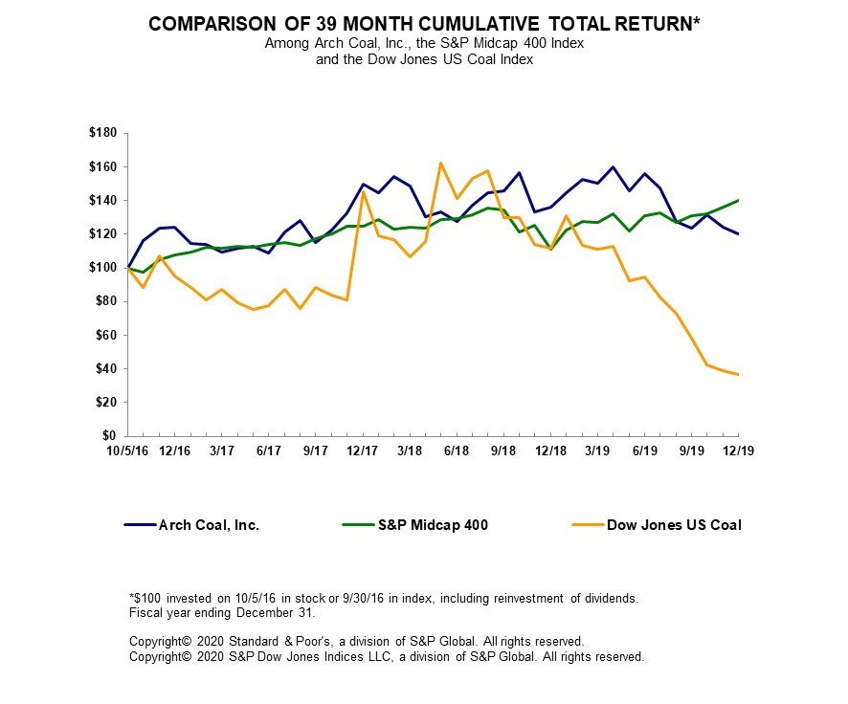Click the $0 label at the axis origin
click(x=114, y=436)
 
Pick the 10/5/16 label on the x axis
click(x=128, y=451)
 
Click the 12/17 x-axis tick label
click(x=362, y=451)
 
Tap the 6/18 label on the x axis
click(x=456, y=451)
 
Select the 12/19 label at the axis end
click(x=737, y=451)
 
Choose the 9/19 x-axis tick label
click(x=690, y=451)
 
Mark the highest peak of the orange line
click(x=440, y=163)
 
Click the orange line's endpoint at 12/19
click(x=737, y=374)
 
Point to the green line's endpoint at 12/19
click(x=737, y=200)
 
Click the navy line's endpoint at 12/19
click(x=737, y=234)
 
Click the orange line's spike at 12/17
click(x=362, y=191)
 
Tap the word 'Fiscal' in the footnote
click(x=145, y=611)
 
